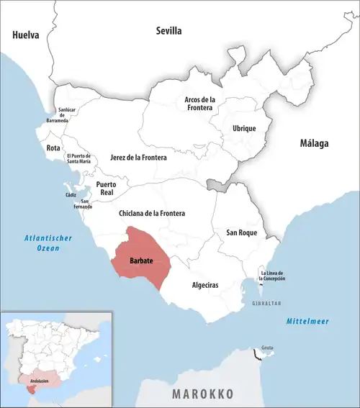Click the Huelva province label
pyautogui.click(x=25, y=35)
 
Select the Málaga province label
pyautogui.click(x=314, y=143)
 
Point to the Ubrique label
pyautogui.click(x=244, y=128)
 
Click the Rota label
pyautogui.click(x=53, y=148)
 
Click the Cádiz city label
pyautogui.click(x=69, y=195)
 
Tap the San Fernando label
pyautogui.click(x=85, y=204)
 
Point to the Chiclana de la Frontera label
pyautogui.click(x=151, y=214)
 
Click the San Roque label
pyautogui.click(x=241, y=232)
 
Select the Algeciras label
pyautogui.click(x=205, y=286)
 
